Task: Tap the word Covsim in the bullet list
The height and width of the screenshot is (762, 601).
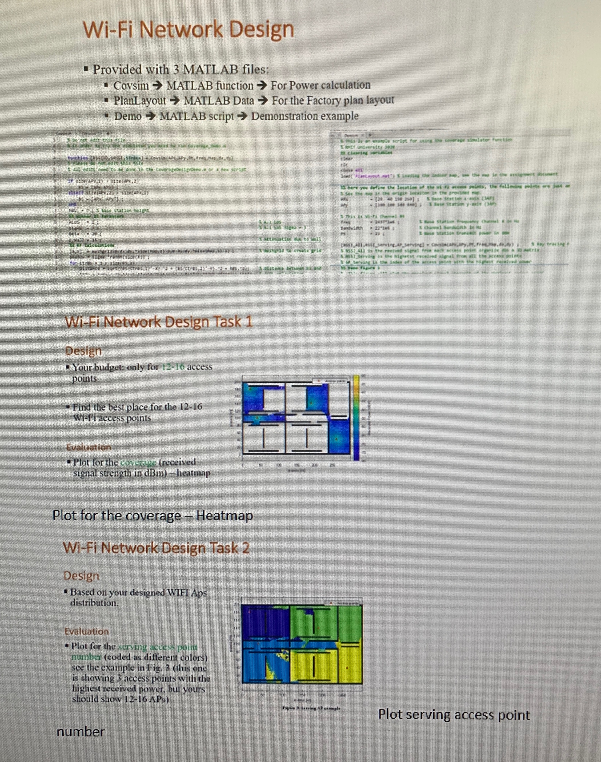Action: pos(131,85)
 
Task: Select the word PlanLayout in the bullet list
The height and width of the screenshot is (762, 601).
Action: pos(139,101)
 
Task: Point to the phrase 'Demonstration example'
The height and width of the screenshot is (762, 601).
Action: pos(305,116)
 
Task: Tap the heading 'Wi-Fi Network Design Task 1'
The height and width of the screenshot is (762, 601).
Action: pos(159,322)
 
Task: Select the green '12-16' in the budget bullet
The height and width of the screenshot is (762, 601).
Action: pos(173,367)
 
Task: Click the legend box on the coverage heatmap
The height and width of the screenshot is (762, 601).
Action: pos(331,381)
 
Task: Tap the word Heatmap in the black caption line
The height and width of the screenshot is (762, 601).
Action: pos(224,516)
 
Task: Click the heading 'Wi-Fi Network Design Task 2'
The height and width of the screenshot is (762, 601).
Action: pos(156,548)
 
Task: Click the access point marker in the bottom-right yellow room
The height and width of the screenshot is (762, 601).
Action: pos(347,668)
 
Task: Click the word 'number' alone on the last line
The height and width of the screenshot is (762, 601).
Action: pos(81,732)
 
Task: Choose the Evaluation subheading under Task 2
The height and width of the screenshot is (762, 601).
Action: pos(86,631)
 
